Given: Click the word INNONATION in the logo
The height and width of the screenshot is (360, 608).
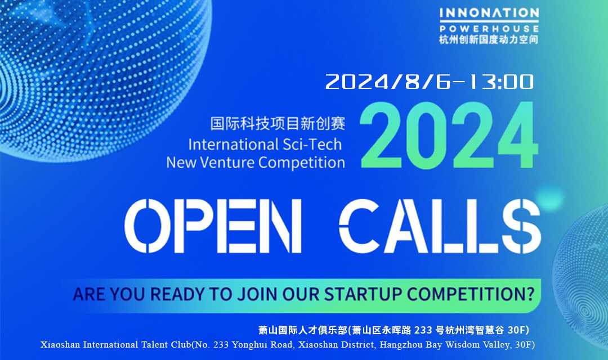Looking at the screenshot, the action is [x=489, y=13].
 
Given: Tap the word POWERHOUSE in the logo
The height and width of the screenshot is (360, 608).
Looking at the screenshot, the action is [x=489, y=29].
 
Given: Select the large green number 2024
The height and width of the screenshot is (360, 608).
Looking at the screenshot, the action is [x=449, y=135].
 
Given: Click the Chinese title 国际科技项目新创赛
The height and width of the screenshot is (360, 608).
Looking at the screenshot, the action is [x=278, y=124].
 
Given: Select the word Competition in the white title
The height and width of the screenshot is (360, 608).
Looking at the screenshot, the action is [x=302, y=163].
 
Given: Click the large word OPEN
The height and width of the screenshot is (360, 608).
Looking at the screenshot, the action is [x=213, y=226].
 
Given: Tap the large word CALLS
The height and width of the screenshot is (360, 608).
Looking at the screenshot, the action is [x=440, y=226].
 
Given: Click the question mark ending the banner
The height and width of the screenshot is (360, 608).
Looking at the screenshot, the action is [x=530, y=294].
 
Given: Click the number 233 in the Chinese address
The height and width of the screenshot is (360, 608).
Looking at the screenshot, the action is [x=423, y=330].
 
